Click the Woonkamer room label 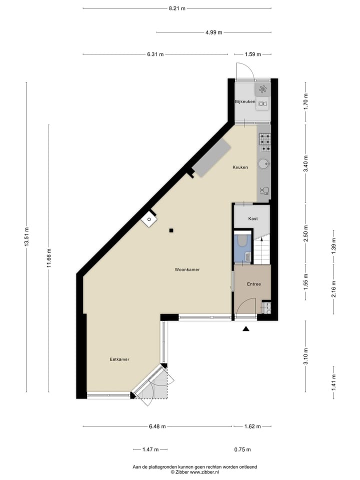[x=187, y=269]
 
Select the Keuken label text [x=240, y=167]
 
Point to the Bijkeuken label [x=245, y=102]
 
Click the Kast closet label [x=253, y=218]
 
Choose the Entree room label [x=254, y=284]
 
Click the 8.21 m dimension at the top [x=177, y=8]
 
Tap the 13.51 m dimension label [x=26, y=237]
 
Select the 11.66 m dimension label [x=48, y=258]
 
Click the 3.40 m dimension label [x=306, y=163]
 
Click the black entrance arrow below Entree [x=246, y=328]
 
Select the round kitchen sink [x=263, y=163]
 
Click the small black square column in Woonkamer [x=171, y=230]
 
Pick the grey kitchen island [x=212, y=158]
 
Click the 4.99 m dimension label [x=213, y=32]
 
